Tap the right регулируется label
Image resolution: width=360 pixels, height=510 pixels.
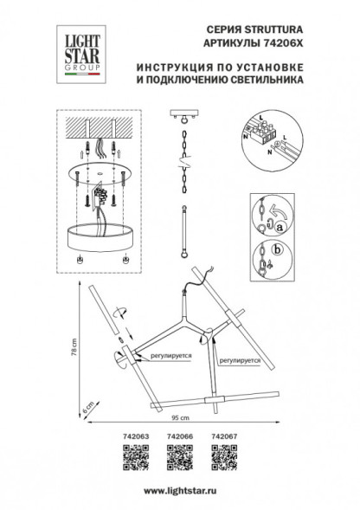(x=240, y=356)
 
